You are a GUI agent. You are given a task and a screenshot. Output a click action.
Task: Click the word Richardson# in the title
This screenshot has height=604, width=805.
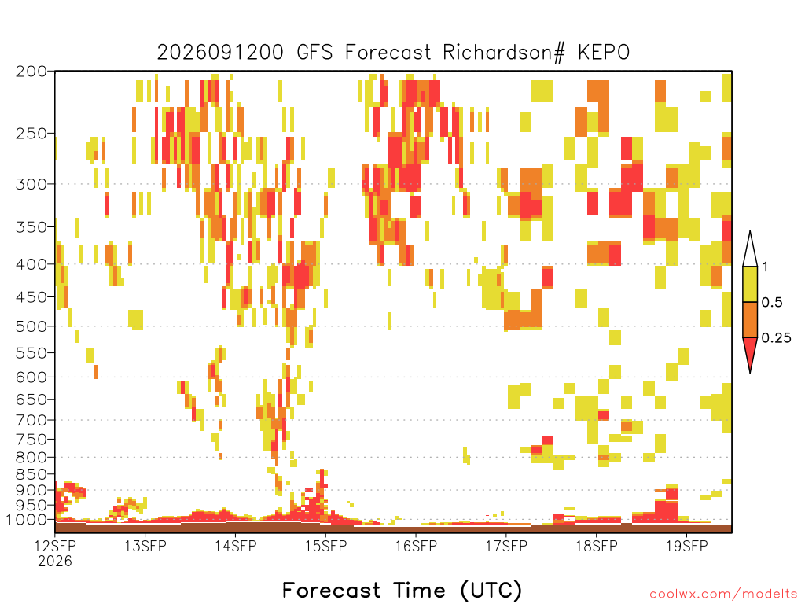click(x=503, y=53)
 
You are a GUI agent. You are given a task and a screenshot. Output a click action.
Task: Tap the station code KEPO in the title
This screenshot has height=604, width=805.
click(x=603, y=53)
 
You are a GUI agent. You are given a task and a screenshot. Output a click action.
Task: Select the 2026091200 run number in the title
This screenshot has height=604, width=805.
click(x=220, y=53)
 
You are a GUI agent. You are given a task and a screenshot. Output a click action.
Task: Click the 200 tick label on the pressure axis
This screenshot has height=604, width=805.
click(x=31, y=72)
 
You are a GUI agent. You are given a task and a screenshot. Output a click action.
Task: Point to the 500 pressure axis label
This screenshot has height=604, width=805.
click(x=31, y=326)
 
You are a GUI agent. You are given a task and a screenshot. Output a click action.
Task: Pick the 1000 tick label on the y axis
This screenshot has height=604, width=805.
click(x=27, y=520)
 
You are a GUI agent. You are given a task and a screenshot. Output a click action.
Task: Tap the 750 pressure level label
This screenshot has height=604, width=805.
click(x=31, y=440)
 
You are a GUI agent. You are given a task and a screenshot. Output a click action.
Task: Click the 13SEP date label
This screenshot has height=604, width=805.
click(x=145, y=546)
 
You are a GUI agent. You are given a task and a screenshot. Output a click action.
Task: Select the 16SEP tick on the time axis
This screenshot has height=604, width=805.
click(x=416, y=546)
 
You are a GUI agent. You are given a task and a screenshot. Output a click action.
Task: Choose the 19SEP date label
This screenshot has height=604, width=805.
click(x=686, y=546)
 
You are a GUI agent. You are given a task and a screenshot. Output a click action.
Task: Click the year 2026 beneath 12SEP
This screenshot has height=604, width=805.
click(x=55, y=562)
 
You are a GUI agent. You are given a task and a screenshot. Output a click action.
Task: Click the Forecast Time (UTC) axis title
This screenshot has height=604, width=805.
click(x=402, y=591)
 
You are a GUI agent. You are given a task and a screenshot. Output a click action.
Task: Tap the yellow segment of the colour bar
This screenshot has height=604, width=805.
click(x=750, y=284)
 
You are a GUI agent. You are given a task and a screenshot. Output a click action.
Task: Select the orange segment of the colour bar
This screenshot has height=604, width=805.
click(x=750, y=319)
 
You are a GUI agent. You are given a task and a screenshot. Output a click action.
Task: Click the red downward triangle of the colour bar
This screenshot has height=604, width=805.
click(x=750, y=352)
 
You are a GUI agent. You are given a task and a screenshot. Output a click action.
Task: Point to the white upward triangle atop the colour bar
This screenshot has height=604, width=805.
click(x=750, y=252)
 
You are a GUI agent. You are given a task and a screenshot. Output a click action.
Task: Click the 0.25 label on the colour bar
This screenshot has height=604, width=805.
click(x=776, y=338)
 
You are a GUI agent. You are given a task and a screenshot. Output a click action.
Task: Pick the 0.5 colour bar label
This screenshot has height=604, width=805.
click(x=772, y=303)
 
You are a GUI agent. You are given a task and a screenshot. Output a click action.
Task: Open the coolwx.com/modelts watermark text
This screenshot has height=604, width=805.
click(x=723, y=595)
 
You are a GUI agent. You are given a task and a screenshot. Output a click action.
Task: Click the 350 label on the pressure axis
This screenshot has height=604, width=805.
click(x=31, y=227)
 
